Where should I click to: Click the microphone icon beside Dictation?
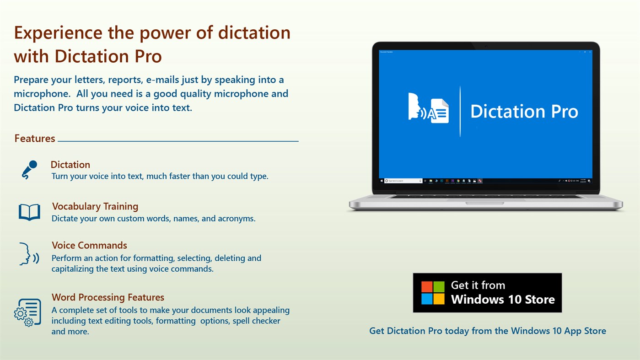[29, 170]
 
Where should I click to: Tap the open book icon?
[29, 212]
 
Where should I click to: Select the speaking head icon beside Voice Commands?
[29, 254]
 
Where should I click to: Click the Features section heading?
[35, 139]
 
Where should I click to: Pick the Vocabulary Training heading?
[95, 206]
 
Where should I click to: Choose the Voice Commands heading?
[89, 245]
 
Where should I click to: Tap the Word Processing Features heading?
[108, 297]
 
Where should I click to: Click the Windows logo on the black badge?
[433, 293]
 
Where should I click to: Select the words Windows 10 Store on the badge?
[503, 300]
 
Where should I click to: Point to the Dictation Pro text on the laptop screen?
[524, 112]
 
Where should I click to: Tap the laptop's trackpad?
[484, 203]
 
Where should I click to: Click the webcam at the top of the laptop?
[485, 46]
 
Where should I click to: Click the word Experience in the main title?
[58, 33]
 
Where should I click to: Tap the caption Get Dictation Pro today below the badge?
[487, 331]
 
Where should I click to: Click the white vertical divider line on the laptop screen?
[460, 111]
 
